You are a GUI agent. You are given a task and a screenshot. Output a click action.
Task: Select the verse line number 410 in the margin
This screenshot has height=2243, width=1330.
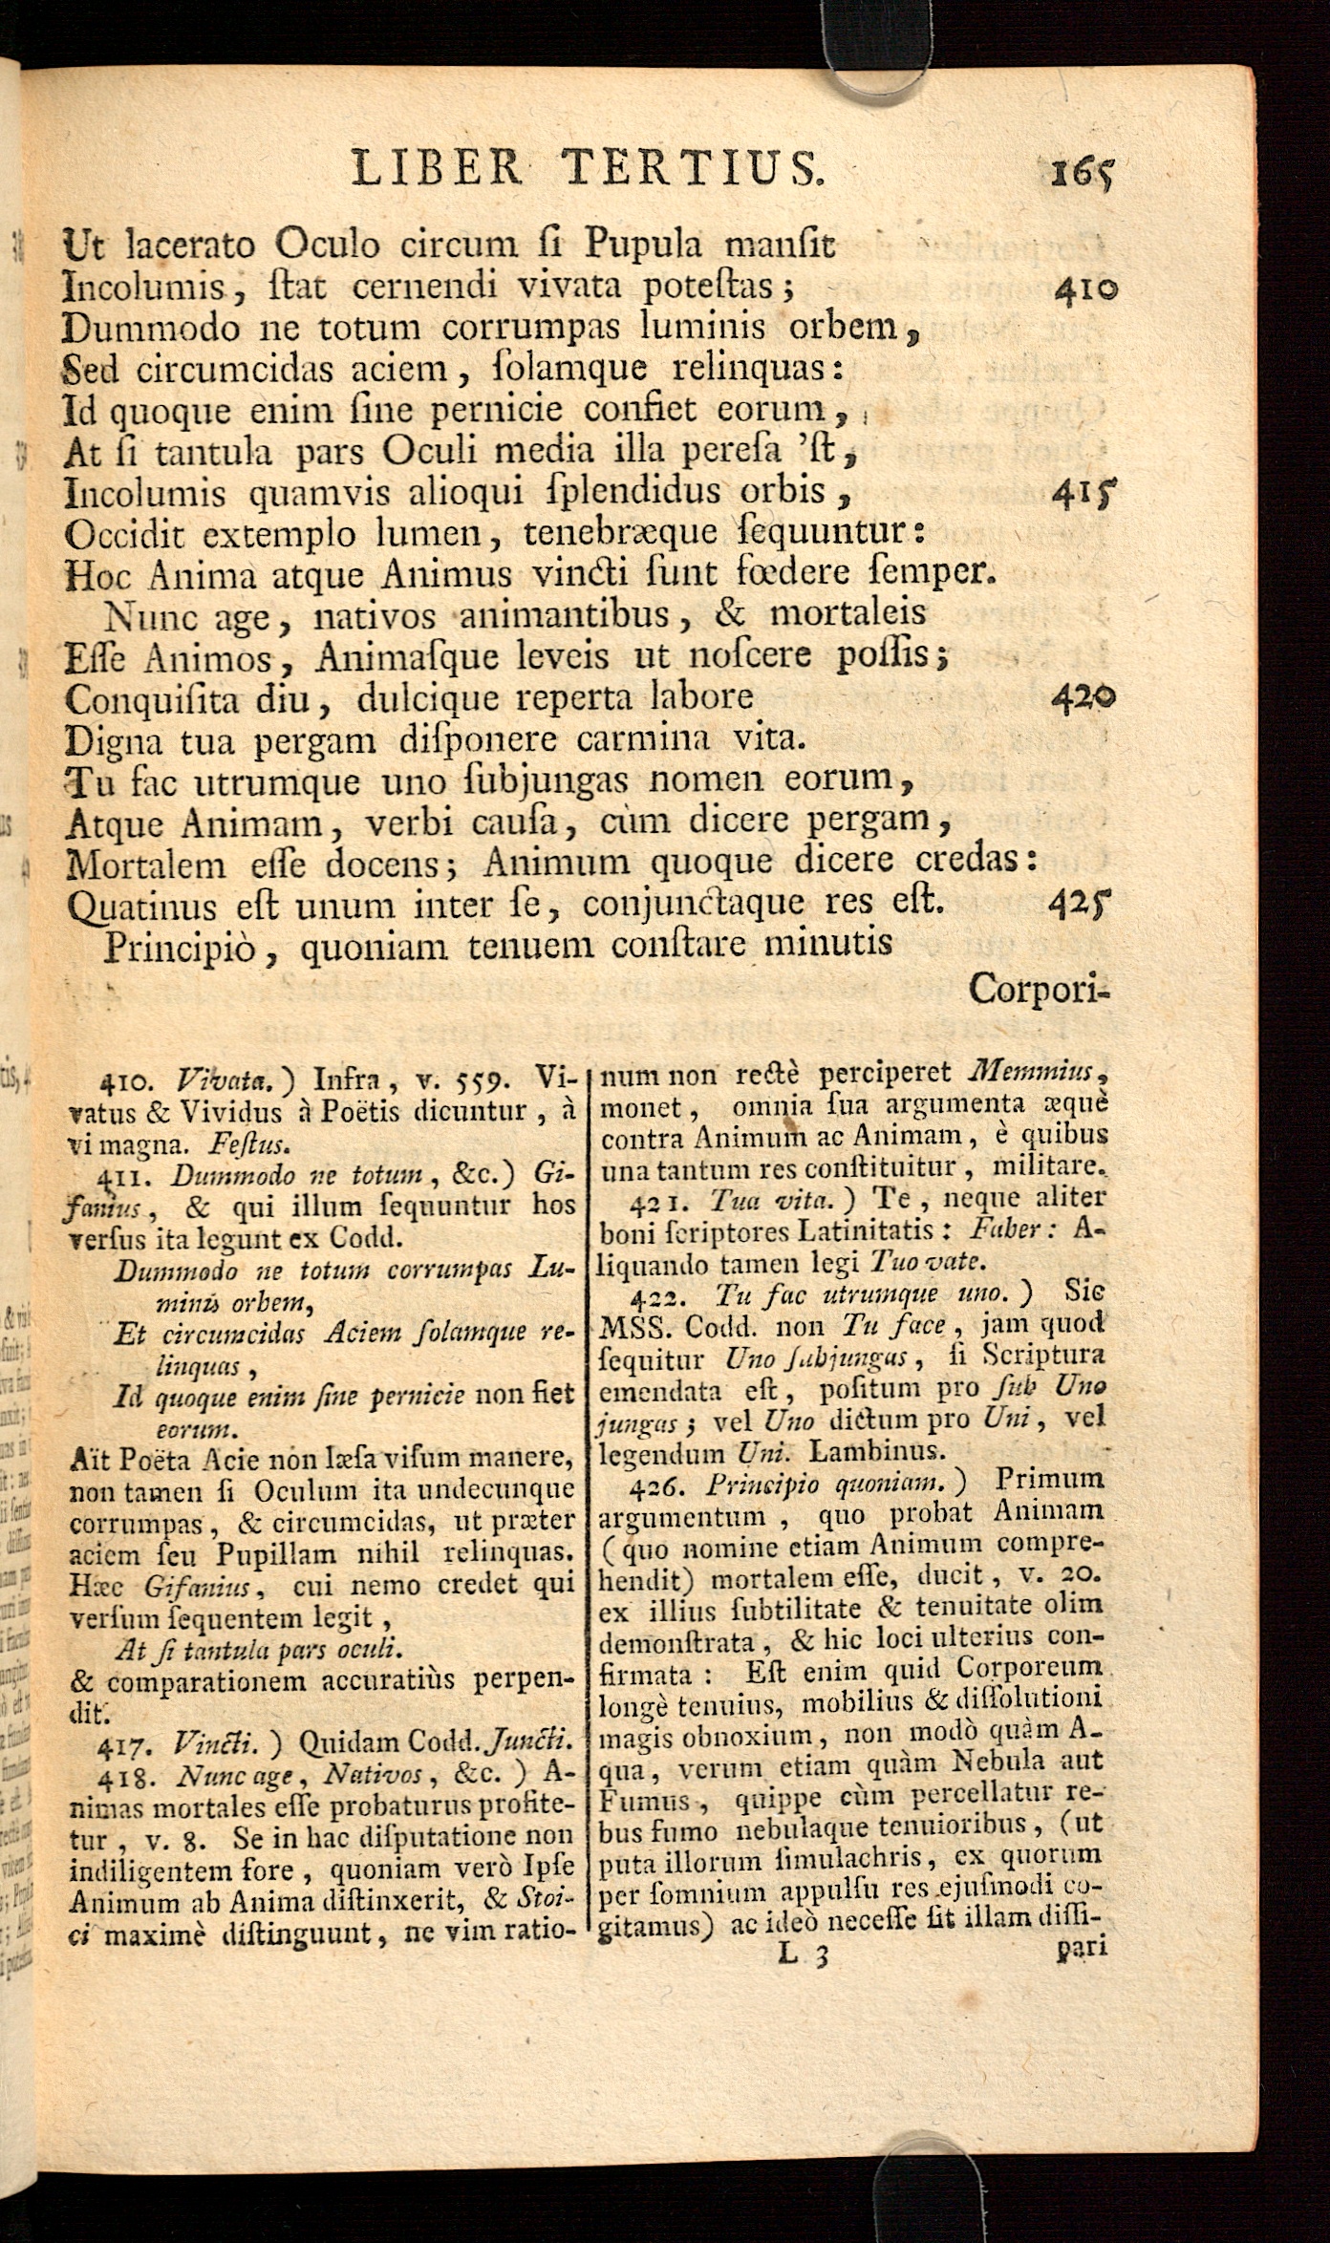click(1084, 289)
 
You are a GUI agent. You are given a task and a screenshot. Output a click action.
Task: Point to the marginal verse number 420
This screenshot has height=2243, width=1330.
click(1083, 698)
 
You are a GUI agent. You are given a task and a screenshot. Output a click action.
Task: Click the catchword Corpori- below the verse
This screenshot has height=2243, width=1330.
click(1037, 989)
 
